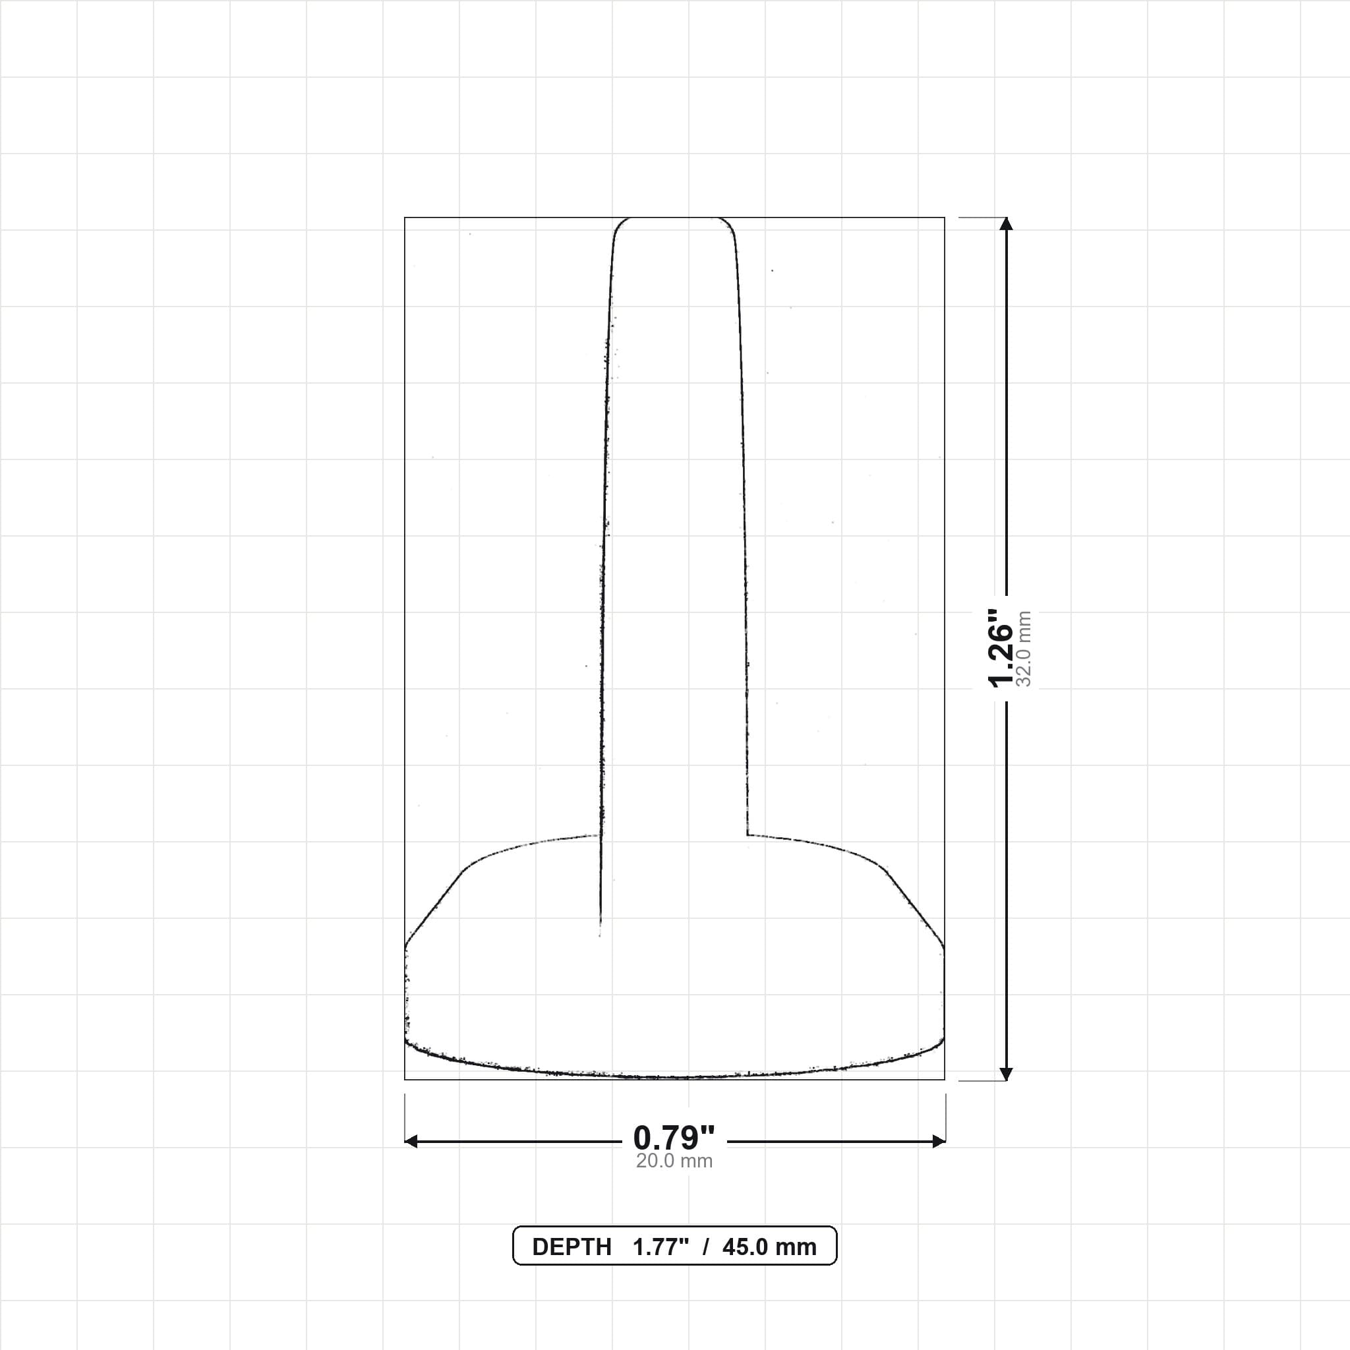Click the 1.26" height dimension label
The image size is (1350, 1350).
1001,647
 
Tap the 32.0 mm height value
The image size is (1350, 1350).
1024,649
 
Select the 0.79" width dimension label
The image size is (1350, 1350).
674,1138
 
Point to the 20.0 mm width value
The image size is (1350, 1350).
674,1161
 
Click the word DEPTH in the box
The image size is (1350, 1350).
572,1247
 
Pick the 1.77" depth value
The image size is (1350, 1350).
661,1247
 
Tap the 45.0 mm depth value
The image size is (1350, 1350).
769,1247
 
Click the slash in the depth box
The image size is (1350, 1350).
706,1247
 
